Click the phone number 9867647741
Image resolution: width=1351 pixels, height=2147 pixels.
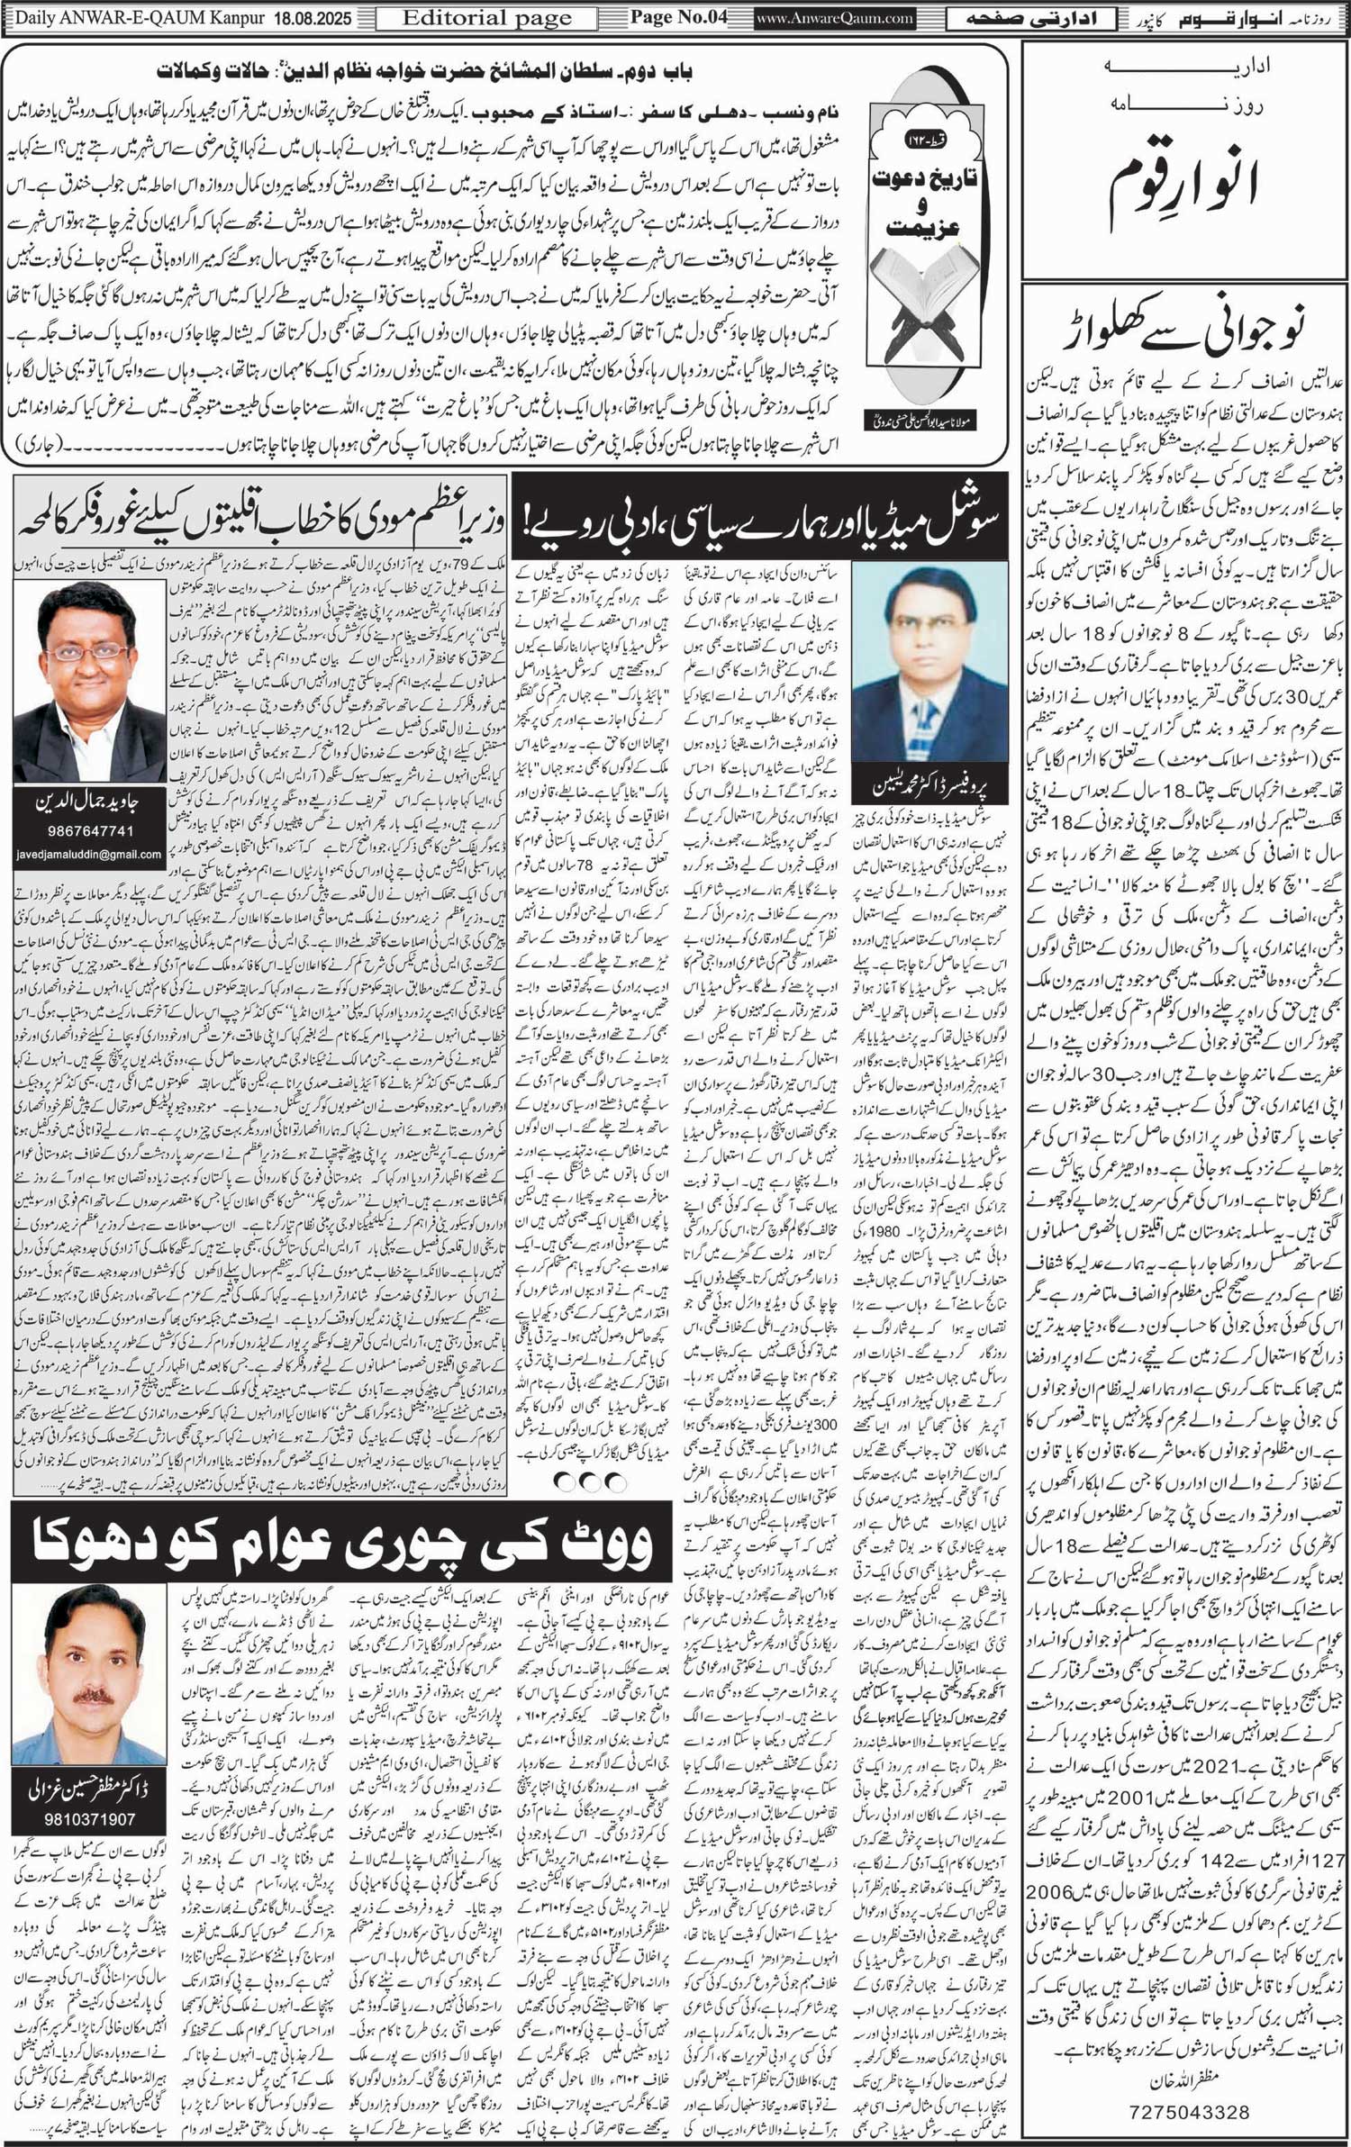(x=88, y=831)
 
